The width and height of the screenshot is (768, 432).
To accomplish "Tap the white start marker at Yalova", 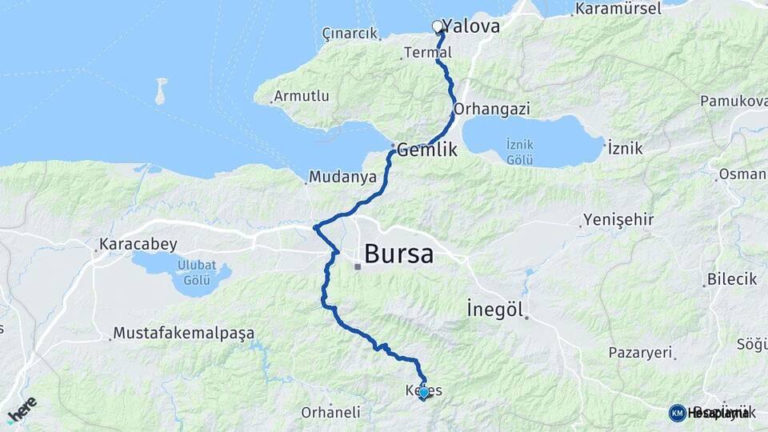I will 438,26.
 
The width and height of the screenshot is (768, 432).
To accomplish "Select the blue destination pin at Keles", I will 423,392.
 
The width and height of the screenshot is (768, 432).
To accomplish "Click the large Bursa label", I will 398,254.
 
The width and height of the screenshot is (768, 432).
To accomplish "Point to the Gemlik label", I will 426,149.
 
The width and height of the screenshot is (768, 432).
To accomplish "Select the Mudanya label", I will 342,177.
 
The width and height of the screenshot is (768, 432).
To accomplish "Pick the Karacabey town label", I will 138,244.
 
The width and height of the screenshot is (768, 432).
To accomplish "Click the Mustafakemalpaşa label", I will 183,332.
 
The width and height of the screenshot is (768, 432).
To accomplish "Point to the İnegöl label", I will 494,309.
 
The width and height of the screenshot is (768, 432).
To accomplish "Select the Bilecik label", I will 731,280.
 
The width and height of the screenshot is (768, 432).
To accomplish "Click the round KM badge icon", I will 677,413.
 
